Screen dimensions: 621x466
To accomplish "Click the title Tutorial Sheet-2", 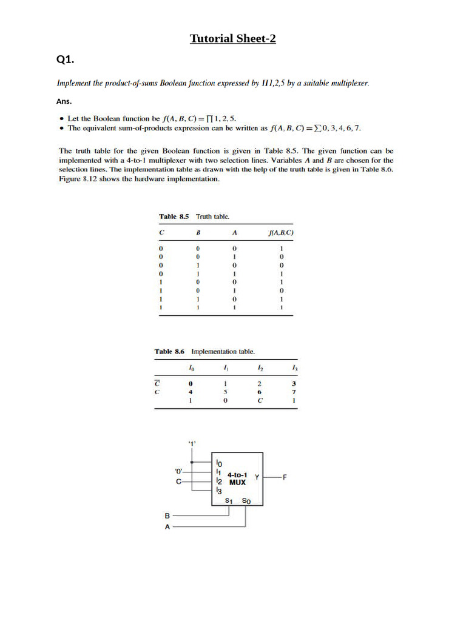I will (233, 39).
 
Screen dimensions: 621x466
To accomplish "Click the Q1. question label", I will (65, 59).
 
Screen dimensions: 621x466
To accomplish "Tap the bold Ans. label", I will (64, 101).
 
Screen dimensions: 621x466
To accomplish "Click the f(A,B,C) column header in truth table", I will (281, 232).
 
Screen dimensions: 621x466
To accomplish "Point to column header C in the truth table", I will (161, 232).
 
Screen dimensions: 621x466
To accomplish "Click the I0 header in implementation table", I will (191, 368).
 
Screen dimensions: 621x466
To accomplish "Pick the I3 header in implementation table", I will (294, 368).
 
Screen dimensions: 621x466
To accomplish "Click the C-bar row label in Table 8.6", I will (157, 383).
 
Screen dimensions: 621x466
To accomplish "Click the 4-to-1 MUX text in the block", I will (237, 478).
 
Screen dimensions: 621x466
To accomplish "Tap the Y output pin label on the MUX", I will (257, 477).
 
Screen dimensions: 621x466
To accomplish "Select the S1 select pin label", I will (228, 501).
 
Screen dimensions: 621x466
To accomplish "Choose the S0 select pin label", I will (245, 501).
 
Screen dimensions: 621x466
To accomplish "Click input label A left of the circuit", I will (167, 527).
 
